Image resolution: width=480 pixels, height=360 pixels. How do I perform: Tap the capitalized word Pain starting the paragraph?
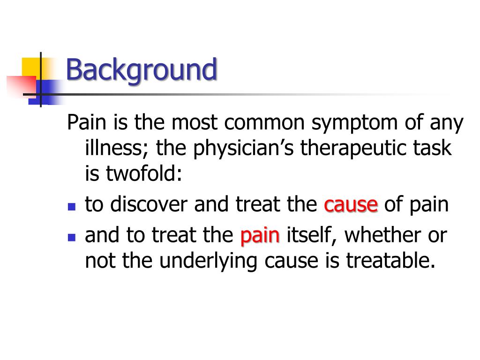(x=87, y=122)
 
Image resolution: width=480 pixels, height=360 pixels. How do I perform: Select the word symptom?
(x=354, y=124)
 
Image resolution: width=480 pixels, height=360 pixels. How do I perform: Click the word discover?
(x=149, y=204)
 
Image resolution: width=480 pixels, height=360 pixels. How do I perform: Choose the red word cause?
(x=351, y=205)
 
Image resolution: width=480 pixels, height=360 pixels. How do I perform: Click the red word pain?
(x=260, y=236)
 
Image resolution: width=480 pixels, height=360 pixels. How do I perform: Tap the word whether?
(x=382, y=235)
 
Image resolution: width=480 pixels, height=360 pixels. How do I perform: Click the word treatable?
(x=390, y=261)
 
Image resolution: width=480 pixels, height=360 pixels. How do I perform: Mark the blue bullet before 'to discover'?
(x=72, y=207)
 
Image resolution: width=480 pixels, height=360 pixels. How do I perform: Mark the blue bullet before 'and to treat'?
(x=72, y=238)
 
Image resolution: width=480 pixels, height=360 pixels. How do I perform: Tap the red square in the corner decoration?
(x=22, y=87)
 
